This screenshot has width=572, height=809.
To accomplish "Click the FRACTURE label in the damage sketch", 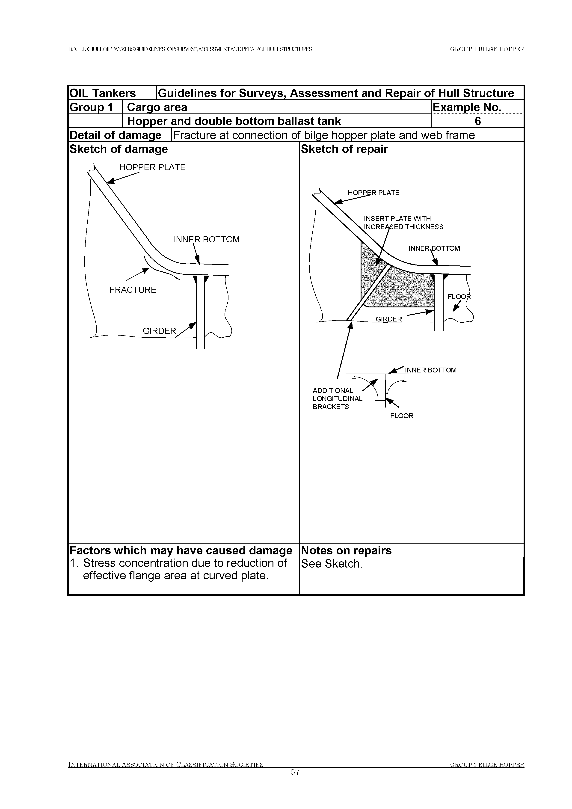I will coord(133,290).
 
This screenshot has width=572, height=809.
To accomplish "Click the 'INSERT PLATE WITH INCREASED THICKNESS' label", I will coord(403,223).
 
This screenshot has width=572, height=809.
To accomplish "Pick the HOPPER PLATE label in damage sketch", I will coord(152,167).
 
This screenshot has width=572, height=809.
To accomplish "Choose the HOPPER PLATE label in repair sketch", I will coord(373,193).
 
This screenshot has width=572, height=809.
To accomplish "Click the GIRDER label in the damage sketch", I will coord(159,331).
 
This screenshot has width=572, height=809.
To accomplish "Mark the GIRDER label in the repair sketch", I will coord(388,319).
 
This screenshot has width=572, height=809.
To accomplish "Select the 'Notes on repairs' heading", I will coord(346,551).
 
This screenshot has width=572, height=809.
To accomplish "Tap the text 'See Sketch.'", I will coord(332,564).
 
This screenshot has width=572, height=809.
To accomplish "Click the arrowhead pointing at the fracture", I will coord(145,271).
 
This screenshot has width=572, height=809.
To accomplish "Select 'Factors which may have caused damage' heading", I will coord(181,551).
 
